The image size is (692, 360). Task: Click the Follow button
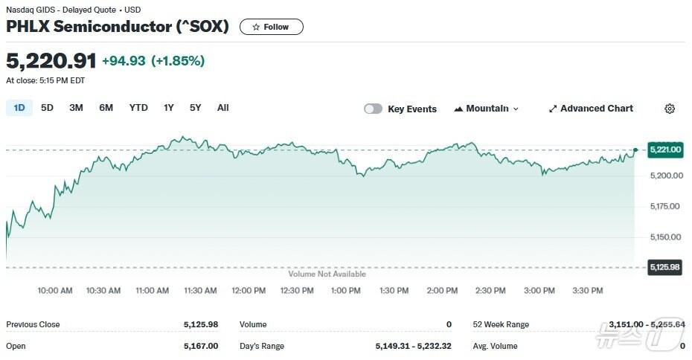(x=271, y=27)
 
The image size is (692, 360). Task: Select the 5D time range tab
(x=47, y=108)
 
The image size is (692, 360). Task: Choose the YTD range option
(x=138, y=108)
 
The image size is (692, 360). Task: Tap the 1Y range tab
(x=169, y=108)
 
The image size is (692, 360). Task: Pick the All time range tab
(x=222, y=108)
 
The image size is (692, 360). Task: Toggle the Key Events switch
(x=373, y=109)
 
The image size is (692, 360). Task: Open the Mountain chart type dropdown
(x=487, y=109)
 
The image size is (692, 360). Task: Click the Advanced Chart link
(x=591, y=109)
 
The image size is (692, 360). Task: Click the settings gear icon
(x=670, y=109)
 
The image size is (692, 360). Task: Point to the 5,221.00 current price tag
(x=665, y=150)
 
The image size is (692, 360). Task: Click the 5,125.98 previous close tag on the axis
(x=665, y=267)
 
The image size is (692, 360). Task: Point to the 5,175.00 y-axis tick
(x=664, y=206)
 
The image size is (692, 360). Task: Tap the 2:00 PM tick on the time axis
(x=442, y=291)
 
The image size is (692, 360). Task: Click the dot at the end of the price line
(x=635, y=150)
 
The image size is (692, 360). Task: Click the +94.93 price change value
(x=124, y=60)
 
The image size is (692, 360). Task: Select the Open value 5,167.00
(x=201, y=346)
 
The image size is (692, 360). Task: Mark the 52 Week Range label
(x=501, y=324)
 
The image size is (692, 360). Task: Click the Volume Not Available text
(x=327, y=274)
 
